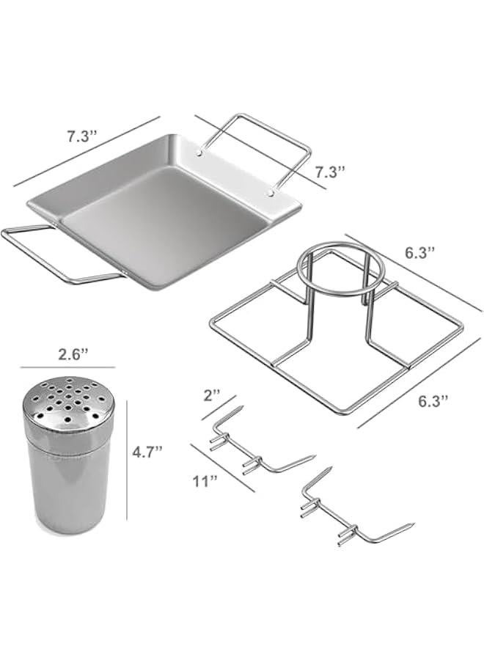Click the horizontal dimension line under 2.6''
[x=67, y=367]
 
